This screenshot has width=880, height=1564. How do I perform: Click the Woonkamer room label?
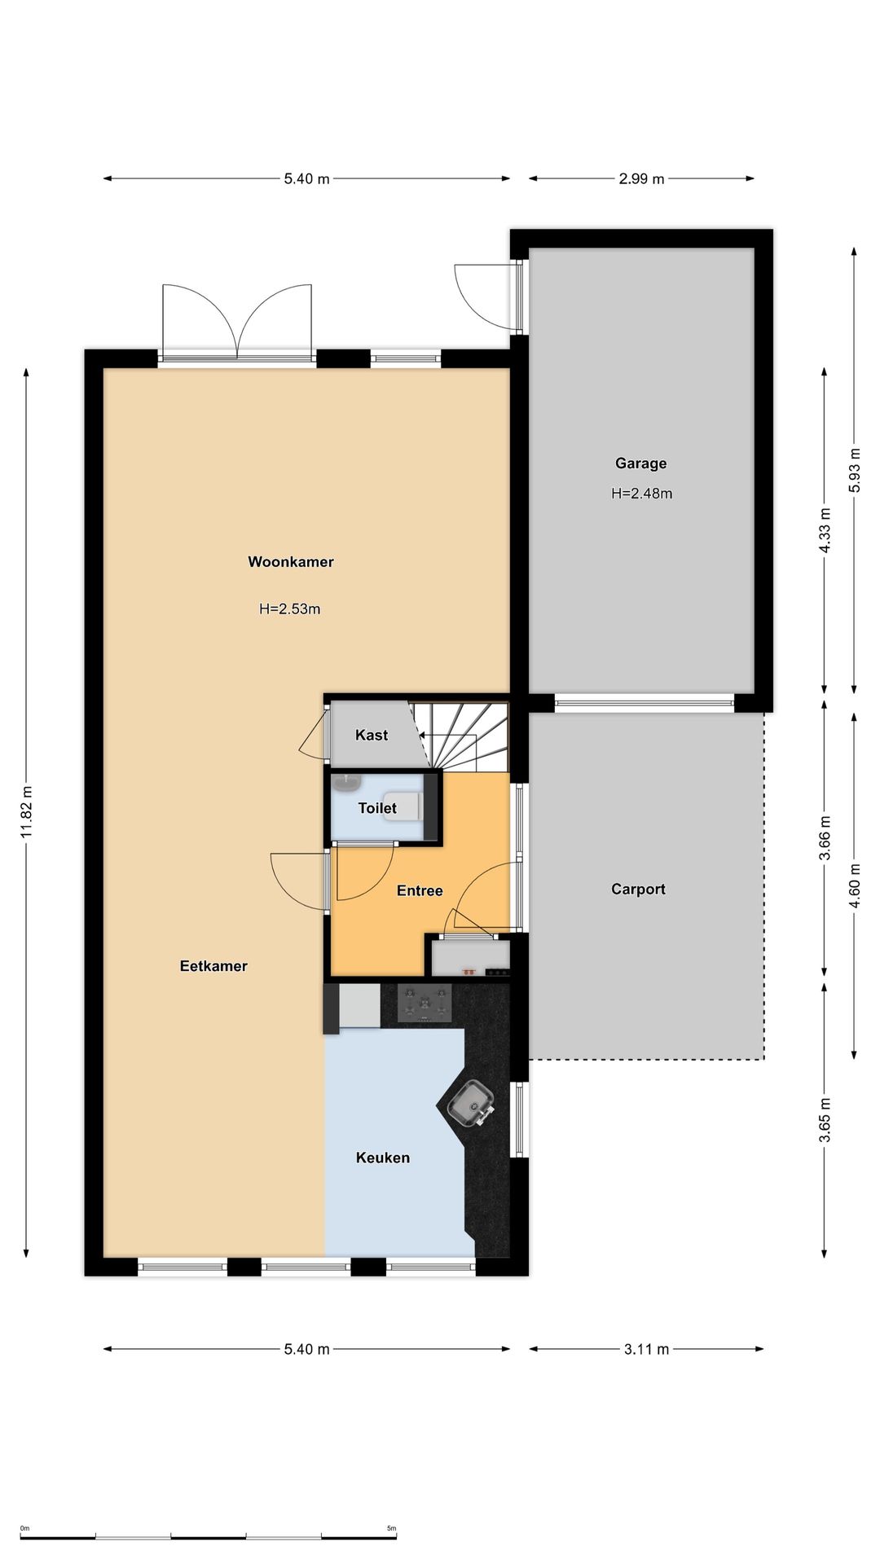pos(291,561)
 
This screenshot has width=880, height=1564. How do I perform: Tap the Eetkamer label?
pos(213,966)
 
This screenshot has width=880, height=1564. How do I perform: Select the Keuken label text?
pos(383,1158)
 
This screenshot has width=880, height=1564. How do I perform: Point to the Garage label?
pos(641,463)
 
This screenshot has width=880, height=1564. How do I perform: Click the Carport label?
pos(639,889)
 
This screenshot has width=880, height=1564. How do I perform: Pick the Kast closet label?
pos(372,735)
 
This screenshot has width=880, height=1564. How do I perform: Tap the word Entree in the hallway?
pos(420,890)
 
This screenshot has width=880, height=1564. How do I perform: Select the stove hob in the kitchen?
pos(424,1003)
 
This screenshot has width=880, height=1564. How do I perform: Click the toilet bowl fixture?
pos(403,806)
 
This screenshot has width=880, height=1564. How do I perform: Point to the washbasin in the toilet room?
pos(347,782)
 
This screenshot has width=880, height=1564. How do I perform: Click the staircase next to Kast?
pos(460,736)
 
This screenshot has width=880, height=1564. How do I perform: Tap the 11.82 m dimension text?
pos(27,813)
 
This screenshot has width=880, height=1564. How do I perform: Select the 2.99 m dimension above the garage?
pos(641,178)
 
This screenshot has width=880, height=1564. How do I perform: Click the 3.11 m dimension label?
pos(647,1349)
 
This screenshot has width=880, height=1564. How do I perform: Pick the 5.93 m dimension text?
pos(854,470)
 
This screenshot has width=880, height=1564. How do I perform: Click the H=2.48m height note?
pos(642,493)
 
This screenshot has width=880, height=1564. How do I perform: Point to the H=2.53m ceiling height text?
pos(290,608)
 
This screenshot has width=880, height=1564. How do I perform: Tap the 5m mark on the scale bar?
pos(391,1528)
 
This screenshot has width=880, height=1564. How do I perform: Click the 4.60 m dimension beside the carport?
pos(854,885)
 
